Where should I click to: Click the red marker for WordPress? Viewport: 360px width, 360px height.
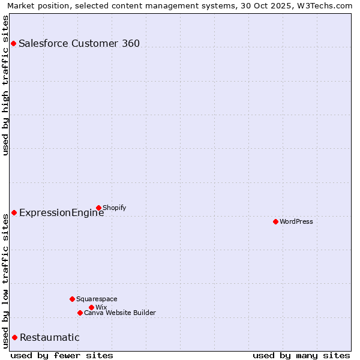[x=275, y=221]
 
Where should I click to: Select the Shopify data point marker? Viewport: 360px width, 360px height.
[x=98, y=208]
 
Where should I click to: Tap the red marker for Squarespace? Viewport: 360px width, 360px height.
[x=72, y=299]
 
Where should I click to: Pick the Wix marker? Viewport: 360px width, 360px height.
[x=91, y=307]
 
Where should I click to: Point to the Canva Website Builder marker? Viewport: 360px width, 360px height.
[x=80, y=313]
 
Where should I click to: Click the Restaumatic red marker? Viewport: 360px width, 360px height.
[x=14, y=337]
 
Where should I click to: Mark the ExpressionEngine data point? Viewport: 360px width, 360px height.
[x=14, y=212]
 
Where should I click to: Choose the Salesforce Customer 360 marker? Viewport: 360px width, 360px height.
[x=13, y=43]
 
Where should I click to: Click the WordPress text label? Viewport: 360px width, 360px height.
[x=296, y=221]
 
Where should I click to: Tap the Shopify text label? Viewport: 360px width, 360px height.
[x=115, y=208]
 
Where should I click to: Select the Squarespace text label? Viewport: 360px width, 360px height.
[x=97, y=299]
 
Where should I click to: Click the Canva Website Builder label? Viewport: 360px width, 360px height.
[x=120, y=313]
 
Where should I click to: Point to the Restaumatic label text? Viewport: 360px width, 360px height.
[x=49, y=337]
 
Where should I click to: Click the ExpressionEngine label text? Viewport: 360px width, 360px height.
[x=61, y=212]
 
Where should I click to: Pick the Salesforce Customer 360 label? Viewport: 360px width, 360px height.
[x=79, y=43]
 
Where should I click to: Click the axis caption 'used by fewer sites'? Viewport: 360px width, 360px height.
[x=62, y=355]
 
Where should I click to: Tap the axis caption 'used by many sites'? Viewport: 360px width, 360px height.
[x=301, y=355]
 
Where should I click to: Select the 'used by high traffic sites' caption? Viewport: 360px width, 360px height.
[x=5, y=85]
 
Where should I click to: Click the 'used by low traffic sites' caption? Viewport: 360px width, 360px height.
[x=5, y=280]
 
